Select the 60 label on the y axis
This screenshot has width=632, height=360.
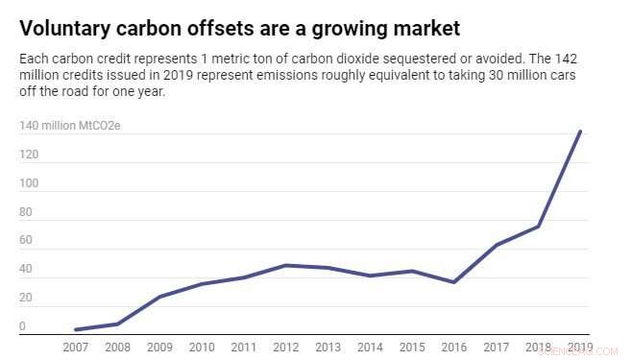click(25, 240)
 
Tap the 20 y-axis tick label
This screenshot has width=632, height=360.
click(25, 298)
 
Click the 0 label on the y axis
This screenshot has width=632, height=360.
click(22, 326)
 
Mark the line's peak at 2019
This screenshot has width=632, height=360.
click(580, 132)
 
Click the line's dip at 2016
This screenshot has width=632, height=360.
click(453, 282)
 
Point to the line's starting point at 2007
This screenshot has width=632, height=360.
click(75, 329)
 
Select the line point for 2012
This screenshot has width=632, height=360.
click(286, 265)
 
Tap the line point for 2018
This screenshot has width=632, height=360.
click(538, 227)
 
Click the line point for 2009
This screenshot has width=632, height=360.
click(159, 297)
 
